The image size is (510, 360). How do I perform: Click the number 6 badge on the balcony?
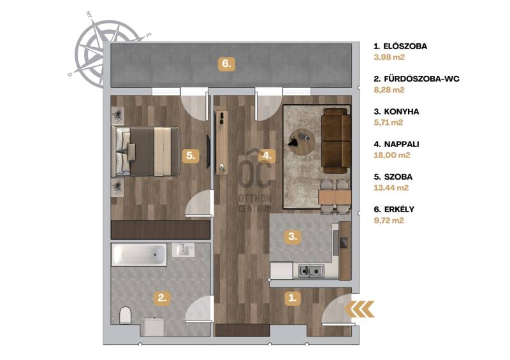tap(226, 64)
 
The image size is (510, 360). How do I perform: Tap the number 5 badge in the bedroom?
tap(191, 155)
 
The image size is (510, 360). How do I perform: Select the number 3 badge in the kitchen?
tap(293, 236)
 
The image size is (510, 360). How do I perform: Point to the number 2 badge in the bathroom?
tap(162, 298)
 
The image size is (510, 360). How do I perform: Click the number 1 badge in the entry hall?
tap(293, 298)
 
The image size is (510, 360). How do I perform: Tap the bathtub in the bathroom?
tap(139, 255)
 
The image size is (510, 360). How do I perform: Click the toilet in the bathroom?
tap(125, 315)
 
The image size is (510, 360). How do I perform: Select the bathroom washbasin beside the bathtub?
tap(183, 250)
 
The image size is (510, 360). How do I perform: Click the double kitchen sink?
tap(311, 270)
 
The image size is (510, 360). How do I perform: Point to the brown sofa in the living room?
tap(337, 141)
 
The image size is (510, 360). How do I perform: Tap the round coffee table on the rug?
tap(302, 142)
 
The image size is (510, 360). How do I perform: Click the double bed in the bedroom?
tap(145, 152)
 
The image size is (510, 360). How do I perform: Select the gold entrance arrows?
tap(360, 309)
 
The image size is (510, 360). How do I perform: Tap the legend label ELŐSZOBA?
tap(405, 46)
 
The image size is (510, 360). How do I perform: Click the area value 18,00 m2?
tap(392, 155)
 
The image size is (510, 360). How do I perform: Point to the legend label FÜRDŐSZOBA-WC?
tap(421, 79)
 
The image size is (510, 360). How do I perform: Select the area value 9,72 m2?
tap(389, 220)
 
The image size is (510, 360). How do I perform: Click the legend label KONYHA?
tap(402, 112)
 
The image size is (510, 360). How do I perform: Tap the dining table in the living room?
tap(335, 196)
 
